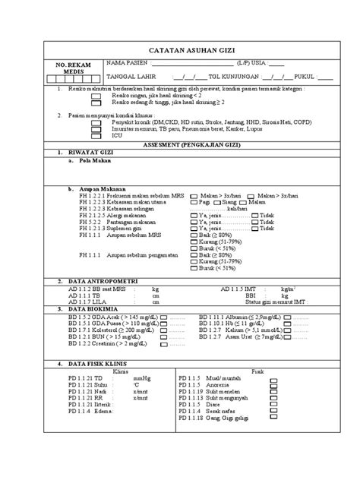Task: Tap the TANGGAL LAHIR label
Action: [128, 77]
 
